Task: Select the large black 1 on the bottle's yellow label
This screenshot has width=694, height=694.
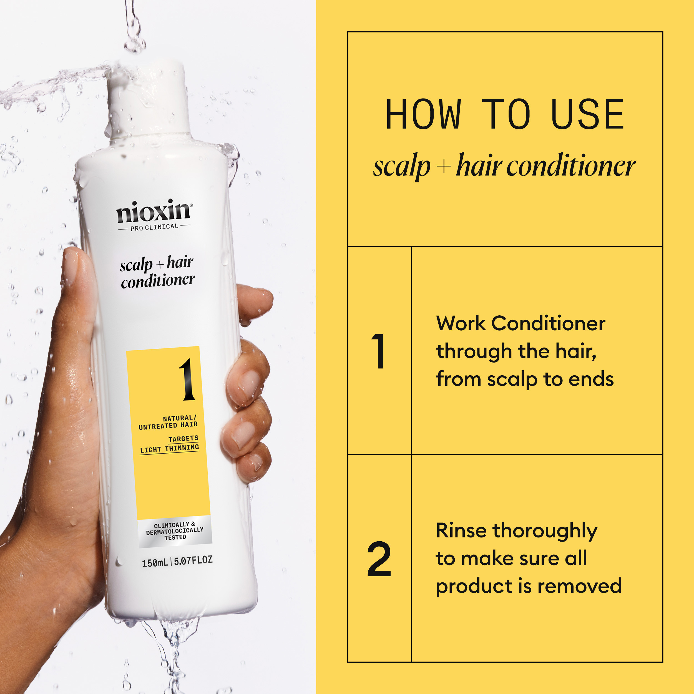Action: click(187, 380)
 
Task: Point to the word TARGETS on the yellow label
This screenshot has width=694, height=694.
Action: click(183, 439)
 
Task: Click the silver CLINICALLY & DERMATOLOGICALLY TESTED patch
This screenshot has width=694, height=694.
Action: click(175, 531)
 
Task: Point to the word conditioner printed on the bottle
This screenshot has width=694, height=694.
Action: click(158, 281)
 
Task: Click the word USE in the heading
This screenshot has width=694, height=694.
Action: click(588, 115)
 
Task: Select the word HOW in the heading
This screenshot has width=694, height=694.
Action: click(423, 115)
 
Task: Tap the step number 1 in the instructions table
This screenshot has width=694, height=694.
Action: click(379, 351)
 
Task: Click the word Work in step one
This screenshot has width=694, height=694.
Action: click(461, 323)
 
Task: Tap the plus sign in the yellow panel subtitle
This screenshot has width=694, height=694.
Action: click(444, 167)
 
